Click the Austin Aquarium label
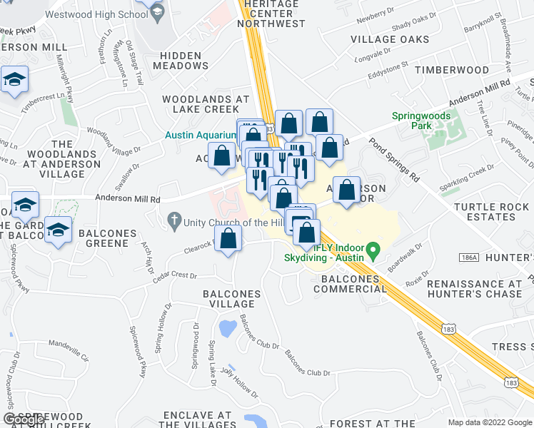click(201, 135)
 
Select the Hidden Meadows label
click(183, 60)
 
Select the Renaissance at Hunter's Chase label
click(474, 289)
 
